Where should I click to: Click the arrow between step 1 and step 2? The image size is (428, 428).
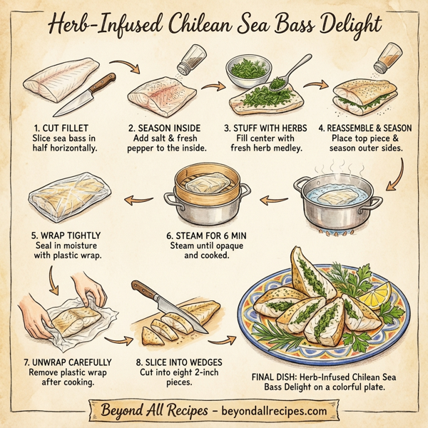pyautogui.click(x=131, y=70)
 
